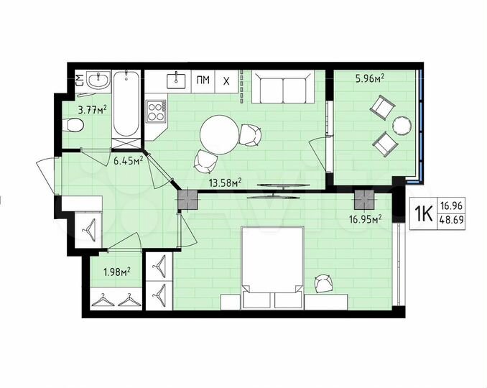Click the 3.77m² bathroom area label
tap(93, 110)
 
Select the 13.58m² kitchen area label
tap(224, 182)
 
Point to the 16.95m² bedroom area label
tap(365, 218)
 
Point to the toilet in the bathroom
tap(73, 126)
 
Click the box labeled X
tap(227, 80)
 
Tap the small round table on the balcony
tap(400, 126)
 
